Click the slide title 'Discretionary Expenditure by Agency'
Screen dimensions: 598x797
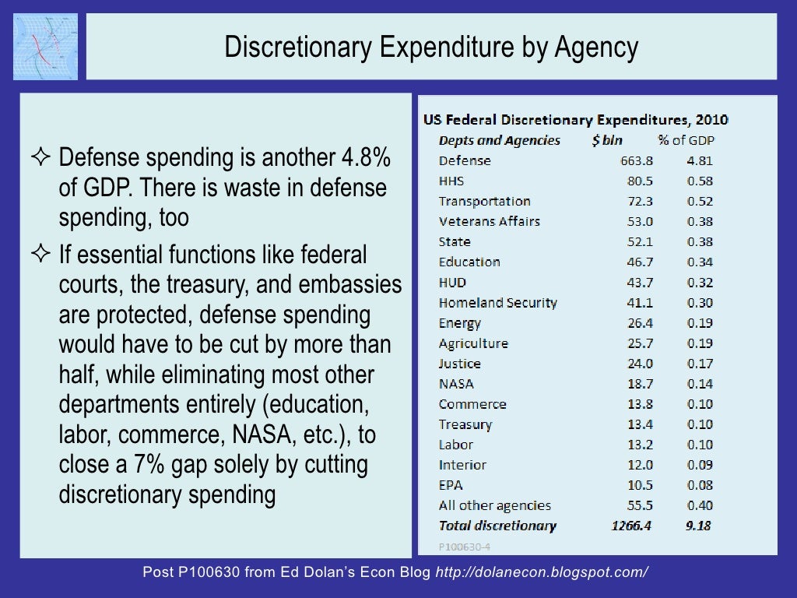(431, 47)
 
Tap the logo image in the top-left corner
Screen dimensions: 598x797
(45, 47)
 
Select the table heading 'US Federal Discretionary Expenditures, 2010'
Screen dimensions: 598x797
(575, 120)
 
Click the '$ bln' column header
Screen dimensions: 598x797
(606, 140)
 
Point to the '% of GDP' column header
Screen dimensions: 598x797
(686, 140)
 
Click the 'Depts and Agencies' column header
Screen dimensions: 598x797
(499, 140)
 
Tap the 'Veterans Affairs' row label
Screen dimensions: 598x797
(489, 221)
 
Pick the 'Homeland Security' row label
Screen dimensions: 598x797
(497, 302)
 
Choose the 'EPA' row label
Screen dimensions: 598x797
(451, 485)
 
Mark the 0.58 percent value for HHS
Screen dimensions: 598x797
(700, 181)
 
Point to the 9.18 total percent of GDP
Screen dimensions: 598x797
(698, 526)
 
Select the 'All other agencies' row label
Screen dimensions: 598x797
(494, 505)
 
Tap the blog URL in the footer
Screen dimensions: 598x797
(542, 572)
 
